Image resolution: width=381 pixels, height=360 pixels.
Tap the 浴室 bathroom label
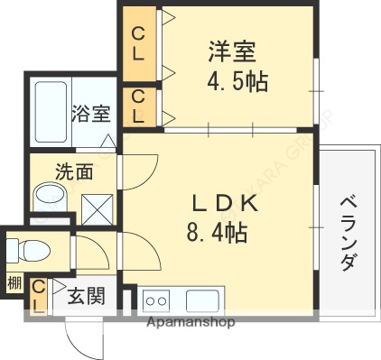(x=90, y=115)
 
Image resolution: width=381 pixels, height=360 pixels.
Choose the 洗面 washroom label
(x=74, y=171)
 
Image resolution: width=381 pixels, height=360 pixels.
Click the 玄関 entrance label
(x=87, y=294)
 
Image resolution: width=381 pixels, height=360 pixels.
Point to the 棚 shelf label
(x=13, y=283)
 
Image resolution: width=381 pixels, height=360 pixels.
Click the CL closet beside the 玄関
(x=39, y=296)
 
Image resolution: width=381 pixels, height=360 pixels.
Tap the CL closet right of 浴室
(x=138, y=106)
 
